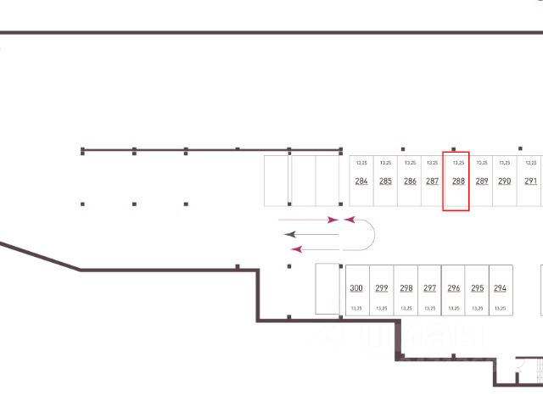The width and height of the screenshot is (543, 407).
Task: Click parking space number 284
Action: (x=361, y=181)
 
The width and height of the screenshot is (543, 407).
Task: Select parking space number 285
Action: (x=385, y=181)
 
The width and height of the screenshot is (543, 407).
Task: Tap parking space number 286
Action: (x=410, y=181)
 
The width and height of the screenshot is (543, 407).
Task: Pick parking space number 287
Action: (x=433, y=181)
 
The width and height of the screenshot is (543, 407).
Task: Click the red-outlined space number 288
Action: (x=458, y=181)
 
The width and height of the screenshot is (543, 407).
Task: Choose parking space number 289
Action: (x=482, y=181)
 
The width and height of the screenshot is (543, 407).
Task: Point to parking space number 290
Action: (x=505, y=181)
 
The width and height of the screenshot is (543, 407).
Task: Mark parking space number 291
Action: (x=530, y=181)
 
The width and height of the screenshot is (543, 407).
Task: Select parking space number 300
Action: (x=356, y=288)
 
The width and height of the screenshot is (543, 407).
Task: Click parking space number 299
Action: (x=381, y=288)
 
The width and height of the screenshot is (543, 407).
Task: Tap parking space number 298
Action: (x=406, y=288)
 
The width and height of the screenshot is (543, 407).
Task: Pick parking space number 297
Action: (x=429, y=288)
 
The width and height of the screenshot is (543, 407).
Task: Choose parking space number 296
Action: (x=453, y=288)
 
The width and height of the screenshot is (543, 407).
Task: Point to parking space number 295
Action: (x=477, y=288)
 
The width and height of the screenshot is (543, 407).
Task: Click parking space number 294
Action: (x=500, y=288)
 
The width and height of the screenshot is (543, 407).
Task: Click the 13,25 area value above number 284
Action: (x=361, y=162)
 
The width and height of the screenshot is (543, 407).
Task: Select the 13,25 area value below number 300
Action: (x=356, y=309)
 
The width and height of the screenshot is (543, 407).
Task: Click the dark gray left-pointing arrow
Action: (x=311, y=233)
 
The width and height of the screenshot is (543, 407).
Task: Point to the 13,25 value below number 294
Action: (x=500, y=309)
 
